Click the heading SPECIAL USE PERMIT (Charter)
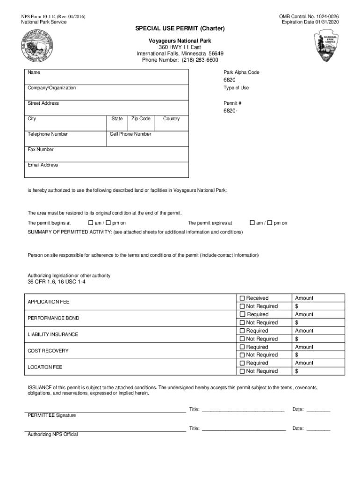[180, 29]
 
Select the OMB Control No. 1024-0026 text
[309, 16]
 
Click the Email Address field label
[43, 165]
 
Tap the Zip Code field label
[141, 119]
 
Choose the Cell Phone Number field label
[130, 134]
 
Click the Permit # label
[232, 103]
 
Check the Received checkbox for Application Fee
[242, 298]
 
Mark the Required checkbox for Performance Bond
[242, 314]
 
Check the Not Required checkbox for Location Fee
[242, 371]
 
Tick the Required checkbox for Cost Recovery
[242, 347]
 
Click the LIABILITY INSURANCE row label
[53, 334]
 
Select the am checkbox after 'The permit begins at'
[91, 223]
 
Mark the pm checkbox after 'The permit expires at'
[270, 223]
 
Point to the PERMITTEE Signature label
[52, 415]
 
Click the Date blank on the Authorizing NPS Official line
[318, 428]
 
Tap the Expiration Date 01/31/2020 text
[310, 22]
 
